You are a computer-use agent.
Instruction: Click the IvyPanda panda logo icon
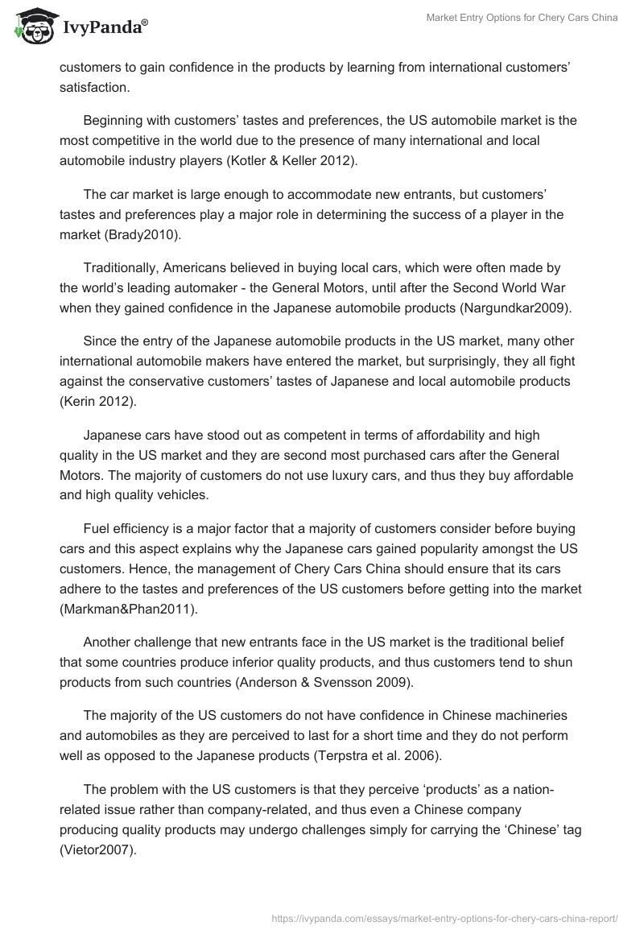32,27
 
